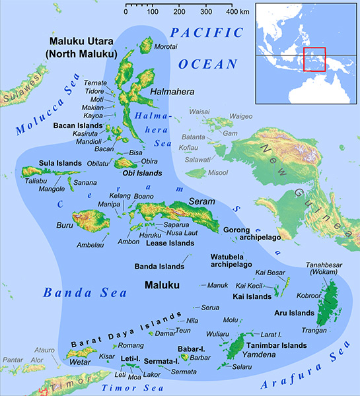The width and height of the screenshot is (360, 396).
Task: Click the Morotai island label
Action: [166, 48]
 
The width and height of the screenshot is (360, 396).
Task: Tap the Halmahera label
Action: [170, 91]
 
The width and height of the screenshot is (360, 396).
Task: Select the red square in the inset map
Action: [315, 59]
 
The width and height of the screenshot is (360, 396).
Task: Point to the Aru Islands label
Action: [294, 312]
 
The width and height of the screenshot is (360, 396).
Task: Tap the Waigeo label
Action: [241, 117]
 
